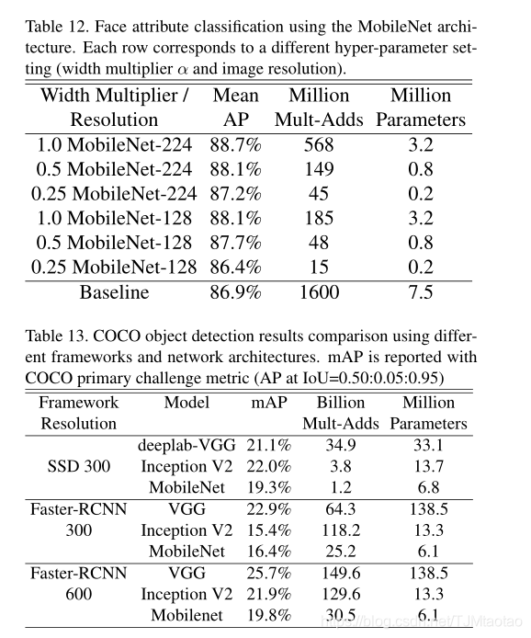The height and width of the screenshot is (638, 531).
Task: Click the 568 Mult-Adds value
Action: coord(320,144)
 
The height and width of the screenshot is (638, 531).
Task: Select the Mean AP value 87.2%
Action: coord(237,194)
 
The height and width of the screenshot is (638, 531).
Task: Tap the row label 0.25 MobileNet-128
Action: coord(114,268)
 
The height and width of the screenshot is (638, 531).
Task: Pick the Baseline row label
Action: coord(114,293)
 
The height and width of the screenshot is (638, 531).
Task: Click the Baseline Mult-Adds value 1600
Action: coord(319,293)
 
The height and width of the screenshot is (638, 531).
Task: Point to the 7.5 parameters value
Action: coord(422,293)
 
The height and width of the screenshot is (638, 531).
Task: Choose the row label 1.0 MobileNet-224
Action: coord(115,144)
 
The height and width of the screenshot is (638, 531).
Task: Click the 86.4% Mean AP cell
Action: coord(237,268)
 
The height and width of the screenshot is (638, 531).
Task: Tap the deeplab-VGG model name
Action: coord(186,446)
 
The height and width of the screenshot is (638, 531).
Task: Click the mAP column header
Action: coord(269,403)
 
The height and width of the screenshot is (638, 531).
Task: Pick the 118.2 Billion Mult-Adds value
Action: coord(340,530)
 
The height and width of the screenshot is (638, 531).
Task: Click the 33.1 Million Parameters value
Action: coord(428,446)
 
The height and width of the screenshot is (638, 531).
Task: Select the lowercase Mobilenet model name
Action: coord(186,615)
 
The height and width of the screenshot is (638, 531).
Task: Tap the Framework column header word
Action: coord(79,403)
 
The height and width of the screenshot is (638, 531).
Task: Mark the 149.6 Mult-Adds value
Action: coord(340,573)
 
